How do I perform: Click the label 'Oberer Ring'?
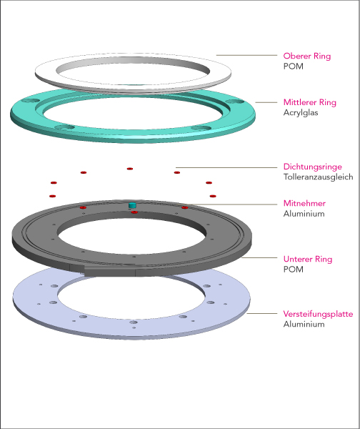tap(307, 56)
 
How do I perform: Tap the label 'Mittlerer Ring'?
tap(310, 102)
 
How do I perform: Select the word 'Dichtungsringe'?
tap(312, 167)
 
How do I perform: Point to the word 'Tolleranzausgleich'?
tap(318, 177)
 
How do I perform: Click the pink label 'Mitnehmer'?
tap(304, 203)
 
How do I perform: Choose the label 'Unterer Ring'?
tap(308, 259)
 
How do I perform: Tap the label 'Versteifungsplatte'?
tap(318, 314)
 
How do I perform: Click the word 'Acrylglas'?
tap(301, 112)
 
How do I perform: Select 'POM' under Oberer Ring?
tap(294, 66)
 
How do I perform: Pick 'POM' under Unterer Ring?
tap(294, 270)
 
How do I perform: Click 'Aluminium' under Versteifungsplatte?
tap(304, 324)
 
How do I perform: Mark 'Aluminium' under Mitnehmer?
tap(304, 214)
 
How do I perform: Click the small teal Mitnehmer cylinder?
tap(132, 205)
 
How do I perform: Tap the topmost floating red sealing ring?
tap(130, 169)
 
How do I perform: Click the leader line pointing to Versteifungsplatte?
tap(262, 314)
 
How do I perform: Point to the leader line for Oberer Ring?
tap(246, 55)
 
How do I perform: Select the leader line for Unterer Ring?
tap(259, 257)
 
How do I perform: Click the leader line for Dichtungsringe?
tap(226, 167)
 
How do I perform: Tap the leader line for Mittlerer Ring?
tap(266, 102)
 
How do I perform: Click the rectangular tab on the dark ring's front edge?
tap(109, 272)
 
